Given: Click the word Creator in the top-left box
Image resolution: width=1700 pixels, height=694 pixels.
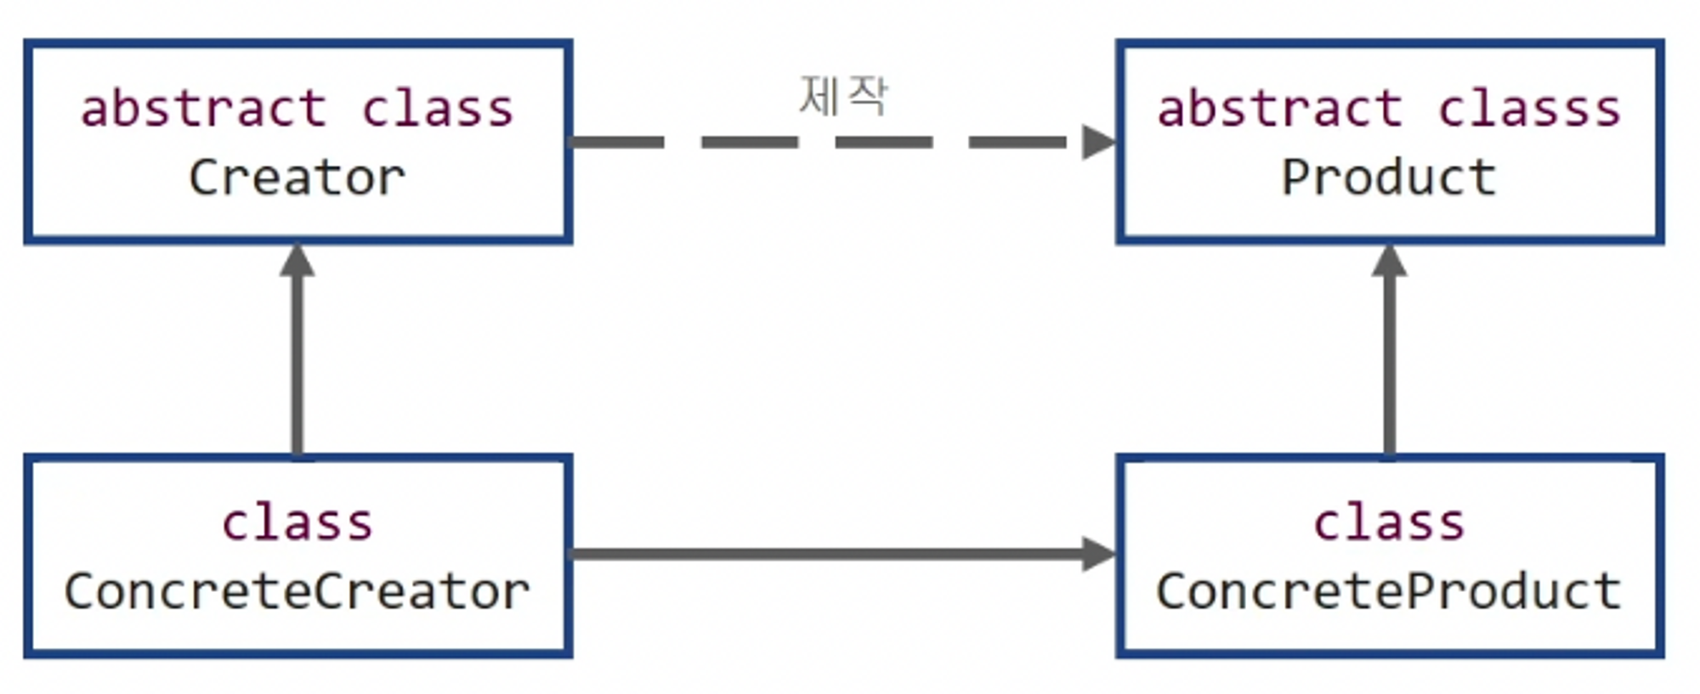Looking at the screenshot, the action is [x=297, y=178].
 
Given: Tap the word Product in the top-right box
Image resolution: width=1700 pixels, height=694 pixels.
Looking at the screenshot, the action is [x=1388, y=178].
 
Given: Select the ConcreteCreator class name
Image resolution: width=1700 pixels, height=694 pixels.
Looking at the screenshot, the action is [x=297, y=591].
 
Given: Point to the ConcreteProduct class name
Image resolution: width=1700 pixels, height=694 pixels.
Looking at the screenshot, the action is [x=1388, y=591].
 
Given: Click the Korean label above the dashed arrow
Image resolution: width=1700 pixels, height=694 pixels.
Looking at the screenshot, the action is [x=843, y=95].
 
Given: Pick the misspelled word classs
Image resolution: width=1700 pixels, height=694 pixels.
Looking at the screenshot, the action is [x=1529, y=109].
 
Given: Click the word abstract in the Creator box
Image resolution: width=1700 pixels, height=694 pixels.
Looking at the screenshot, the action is [x=204, y=109].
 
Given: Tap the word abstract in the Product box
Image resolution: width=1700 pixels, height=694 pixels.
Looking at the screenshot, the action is [x=1280, y=109].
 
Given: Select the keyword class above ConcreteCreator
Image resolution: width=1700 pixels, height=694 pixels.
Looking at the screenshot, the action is [x=297, y=522].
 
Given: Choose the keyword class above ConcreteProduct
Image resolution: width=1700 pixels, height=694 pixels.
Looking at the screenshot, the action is [x=1389, y=522].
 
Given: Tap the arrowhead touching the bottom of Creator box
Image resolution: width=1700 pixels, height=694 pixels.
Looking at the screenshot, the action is [x=297, y=261].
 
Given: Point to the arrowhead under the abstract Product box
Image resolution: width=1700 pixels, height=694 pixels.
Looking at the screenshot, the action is [x=1389, y=261].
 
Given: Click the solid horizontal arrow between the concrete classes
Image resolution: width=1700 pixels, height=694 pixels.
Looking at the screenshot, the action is [x=824, y=554].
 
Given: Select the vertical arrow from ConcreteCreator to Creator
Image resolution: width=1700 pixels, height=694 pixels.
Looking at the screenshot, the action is [x=297, y=365].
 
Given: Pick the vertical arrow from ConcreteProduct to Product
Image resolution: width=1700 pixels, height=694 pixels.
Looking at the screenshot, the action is [x=1389, y=365].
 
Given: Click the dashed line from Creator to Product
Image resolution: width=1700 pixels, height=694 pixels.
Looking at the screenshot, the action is [x=884, y=142].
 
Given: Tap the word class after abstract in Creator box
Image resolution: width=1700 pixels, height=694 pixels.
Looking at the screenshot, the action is [x=438, y=109].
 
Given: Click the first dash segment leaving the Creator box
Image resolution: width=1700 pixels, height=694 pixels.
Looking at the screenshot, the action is [x=616, y=142].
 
